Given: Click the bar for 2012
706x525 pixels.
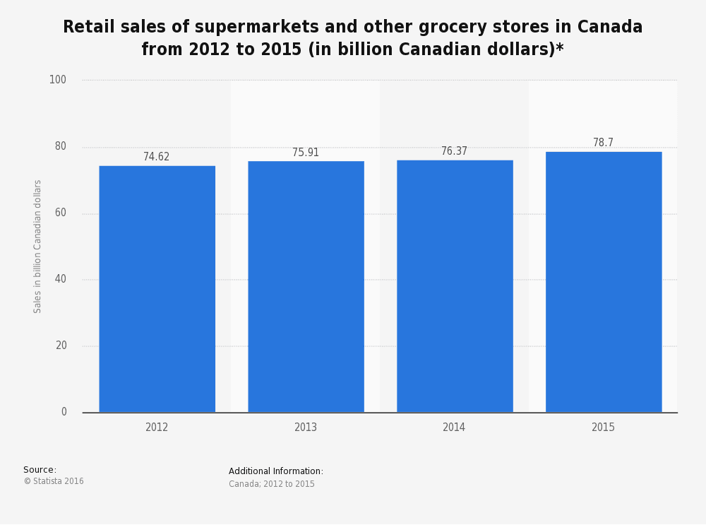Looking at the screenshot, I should pos(157,289).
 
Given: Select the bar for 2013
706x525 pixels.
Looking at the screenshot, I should pos(306,287).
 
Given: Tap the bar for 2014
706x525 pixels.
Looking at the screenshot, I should pos(455,286).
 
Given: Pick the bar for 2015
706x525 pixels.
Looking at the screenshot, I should pos(604,282).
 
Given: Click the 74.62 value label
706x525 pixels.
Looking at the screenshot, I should pos(157,157).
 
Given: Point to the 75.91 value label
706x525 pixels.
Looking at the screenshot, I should pos(306,153).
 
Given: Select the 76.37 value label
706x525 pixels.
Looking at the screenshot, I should pos(454,151).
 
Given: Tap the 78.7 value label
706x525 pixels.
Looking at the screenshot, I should pos(603,143).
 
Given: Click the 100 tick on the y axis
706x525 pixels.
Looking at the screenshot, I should pos(58,80).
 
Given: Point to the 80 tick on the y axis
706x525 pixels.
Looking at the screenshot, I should pos(61,146).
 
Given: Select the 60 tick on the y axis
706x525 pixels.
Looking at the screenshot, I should pos(61,213).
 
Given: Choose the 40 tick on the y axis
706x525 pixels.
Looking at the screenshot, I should pos(61,279).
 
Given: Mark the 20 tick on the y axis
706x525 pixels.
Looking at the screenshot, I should pos(61,346).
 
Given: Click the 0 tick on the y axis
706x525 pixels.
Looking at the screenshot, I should pos(64,412).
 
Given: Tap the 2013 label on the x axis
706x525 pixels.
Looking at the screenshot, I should pos(306,427).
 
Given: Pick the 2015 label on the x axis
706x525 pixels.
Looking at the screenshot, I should pos(603,427).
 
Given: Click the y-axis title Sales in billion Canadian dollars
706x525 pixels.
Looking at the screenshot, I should pos(38,246).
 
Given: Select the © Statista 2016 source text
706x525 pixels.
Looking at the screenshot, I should pos(54,481).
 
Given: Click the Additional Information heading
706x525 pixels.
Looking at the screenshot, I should pos(276,471).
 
